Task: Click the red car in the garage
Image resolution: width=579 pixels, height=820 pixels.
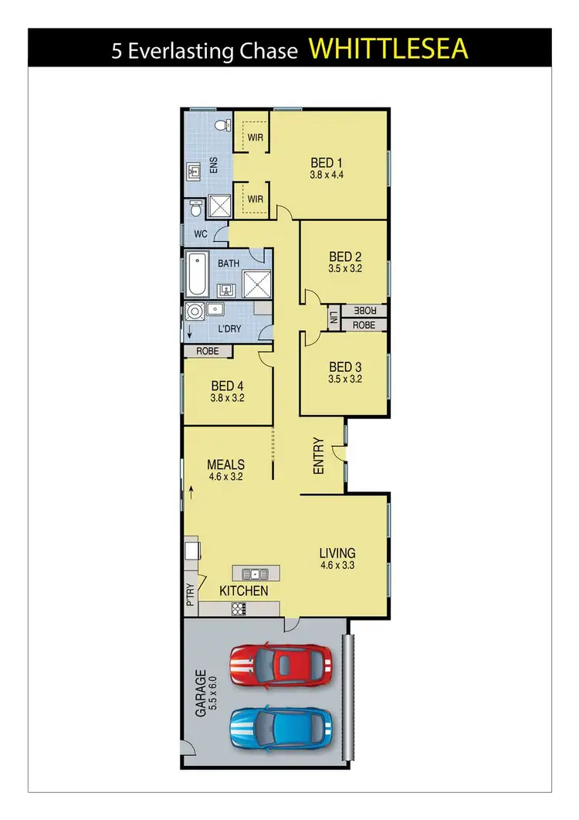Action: pos(281,663)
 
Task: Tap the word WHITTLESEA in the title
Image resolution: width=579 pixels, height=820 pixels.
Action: pos(388,48)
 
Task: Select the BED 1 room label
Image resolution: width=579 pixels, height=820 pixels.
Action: pos(326,163)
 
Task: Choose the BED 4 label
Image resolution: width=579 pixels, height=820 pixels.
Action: pos(227,386)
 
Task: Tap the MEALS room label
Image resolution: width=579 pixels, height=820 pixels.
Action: pos(225,465)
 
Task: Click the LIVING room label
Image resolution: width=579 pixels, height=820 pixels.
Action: pos(337,553)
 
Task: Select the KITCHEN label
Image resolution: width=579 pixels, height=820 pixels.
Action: pos(244,591)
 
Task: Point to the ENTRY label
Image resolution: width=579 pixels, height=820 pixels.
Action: pos(319,456)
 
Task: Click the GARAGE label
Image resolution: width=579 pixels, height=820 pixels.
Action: pos(200,694)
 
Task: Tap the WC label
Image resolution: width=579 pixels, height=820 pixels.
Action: pos(201,233)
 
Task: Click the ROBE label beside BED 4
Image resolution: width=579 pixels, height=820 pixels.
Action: pos(208,351)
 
